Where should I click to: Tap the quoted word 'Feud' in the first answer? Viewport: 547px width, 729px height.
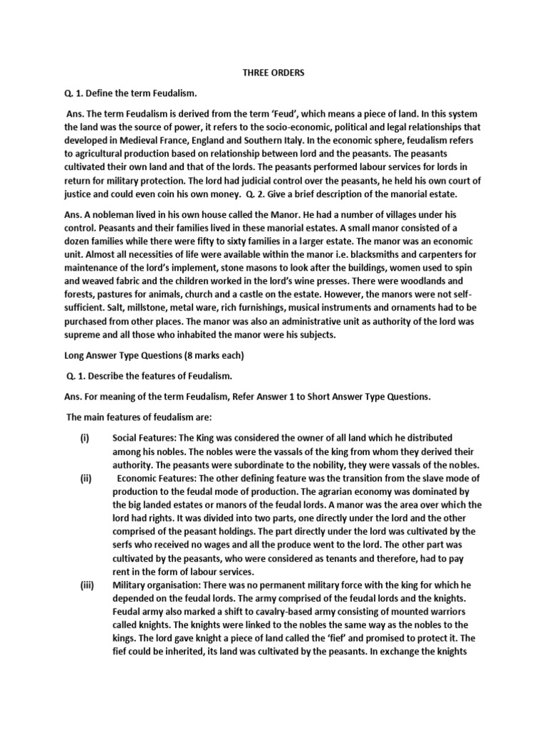308,114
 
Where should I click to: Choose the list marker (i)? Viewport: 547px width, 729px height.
85,437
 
